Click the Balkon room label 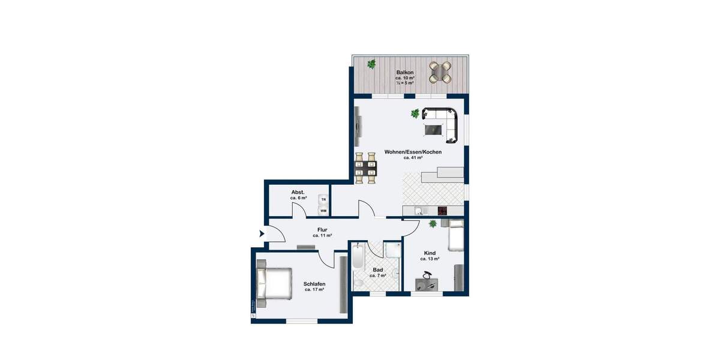coord(404,72)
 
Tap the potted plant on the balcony coord(372,63)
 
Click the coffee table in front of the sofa coord(434,128)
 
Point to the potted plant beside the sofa coord(415,113)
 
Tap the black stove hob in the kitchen coord(443,211)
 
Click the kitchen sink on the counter coord(419,211)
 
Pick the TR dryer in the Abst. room coord(323,199)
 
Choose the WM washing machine coord(323,211)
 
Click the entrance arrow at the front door coord(262,233)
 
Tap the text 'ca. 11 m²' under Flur coord(322,236)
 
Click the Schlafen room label coord(314,283)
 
